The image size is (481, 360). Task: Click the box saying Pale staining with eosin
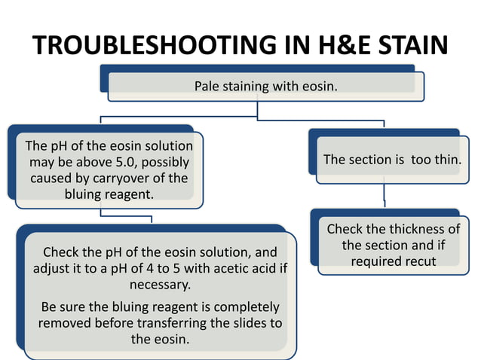(265, 86)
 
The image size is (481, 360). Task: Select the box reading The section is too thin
(392, 160)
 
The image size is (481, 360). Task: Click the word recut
(419, 261)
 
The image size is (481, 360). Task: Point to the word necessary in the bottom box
(159, 285)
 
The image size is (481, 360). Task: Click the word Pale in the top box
(207, 86)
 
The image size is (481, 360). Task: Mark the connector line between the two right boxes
(385, 194)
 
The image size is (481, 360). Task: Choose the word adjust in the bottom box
(60, 269)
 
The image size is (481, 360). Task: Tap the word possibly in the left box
(164, 162)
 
